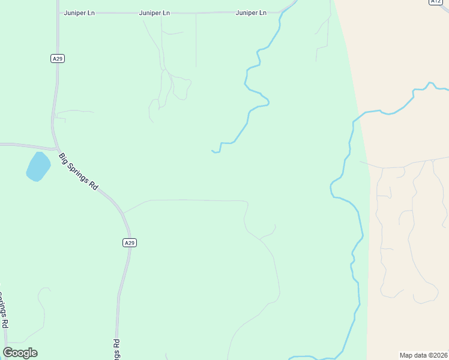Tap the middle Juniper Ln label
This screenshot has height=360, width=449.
(154, 13)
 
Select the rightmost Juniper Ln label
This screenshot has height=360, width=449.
(251, 13)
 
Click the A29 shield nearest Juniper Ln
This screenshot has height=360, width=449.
(57, 58)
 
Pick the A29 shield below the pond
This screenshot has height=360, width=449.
(130, 242)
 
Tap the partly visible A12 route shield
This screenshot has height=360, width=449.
(436, 2)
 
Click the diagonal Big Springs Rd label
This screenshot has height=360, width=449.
(78, 171)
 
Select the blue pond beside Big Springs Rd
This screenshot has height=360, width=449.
(38, 166)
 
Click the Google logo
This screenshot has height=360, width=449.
(20, 353)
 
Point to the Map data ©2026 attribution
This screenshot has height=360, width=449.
(424, 355)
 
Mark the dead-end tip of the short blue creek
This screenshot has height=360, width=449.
(212, 151)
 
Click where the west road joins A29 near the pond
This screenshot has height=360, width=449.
(56, 148)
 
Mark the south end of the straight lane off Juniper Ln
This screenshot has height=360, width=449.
(196, 66)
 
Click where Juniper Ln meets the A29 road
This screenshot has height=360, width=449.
(58, 13)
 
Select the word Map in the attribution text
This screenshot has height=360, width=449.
(406, 355)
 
